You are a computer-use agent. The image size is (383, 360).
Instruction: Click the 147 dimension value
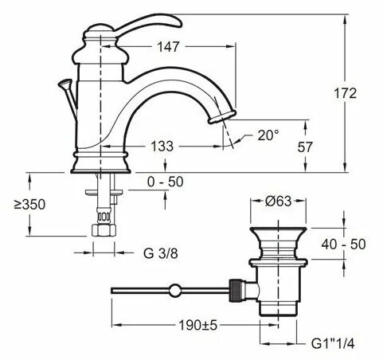[169, 47]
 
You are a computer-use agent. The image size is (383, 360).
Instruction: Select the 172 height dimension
[345, 93]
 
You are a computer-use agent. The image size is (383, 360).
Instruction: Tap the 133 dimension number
[162, 146]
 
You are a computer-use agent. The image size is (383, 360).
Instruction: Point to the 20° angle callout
[268, 135]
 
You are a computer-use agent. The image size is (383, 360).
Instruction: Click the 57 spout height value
[305, 147]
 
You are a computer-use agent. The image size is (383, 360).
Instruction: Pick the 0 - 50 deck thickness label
[166, 182]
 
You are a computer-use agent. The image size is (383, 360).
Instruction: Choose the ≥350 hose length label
[29, 205]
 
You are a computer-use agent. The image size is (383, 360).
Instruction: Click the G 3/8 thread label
[161, 253]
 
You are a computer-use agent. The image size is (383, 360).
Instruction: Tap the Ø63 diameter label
[278, 201]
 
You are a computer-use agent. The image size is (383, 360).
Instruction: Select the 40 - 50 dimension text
[343, 244]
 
